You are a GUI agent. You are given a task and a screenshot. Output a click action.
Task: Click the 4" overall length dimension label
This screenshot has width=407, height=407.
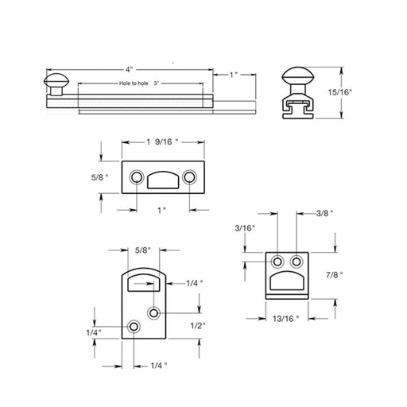pyautogui.click(x=129, y=69)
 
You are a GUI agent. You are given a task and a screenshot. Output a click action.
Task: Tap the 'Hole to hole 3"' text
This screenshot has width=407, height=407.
pyautogui.click(x=139, y=83)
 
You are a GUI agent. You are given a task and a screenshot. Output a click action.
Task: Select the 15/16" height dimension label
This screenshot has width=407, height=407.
pyautogui.click(x=340, y=92)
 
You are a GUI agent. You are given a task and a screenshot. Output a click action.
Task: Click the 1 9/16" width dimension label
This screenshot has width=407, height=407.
pyautogui.click(x=162, y=142)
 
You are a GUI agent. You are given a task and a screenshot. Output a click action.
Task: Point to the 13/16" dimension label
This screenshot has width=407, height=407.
pyautogui.click(x=286, y=319)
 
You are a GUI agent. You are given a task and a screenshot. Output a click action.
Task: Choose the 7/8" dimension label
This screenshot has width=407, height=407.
pyautogui.click(x=335, y=275)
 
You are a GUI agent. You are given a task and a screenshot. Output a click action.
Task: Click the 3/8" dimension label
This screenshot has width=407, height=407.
pyautogui.click(x=324, y=213)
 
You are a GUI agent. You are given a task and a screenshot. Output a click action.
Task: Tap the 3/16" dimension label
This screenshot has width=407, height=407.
pyautogui.click(x=245, y=228)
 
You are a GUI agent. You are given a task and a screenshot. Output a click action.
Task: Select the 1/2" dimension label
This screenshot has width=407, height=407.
pyautogui.click(x=198, y=326)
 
